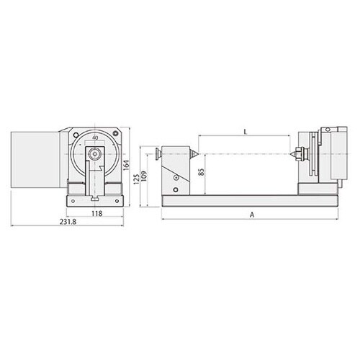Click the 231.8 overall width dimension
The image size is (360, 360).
click(68, 222)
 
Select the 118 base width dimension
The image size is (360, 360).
click(97, 213)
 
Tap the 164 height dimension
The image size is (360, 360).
click(126, 165)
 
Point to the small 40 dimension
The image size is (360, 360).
click(95, 138)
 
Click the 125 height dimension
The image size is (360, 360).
click(136, 179)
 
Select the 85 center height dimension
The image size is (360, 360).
click(202, 171)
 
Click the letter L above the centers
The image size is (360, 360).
click(245, 132)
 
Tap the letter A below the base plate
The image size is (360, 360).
click(252, 215)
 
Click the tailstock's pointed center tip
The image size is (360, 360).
click(198, 154)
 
